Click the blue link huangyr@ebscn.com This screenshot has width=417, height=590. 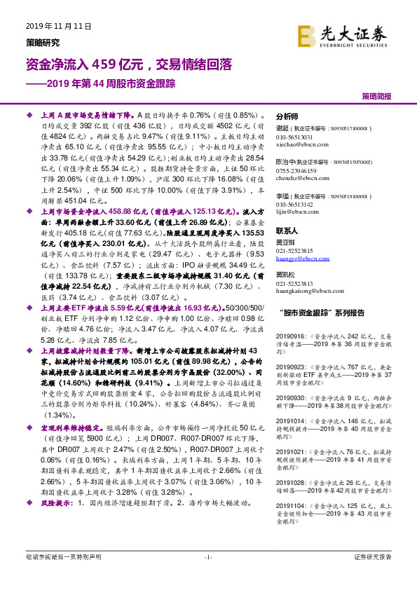[301, 259]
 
